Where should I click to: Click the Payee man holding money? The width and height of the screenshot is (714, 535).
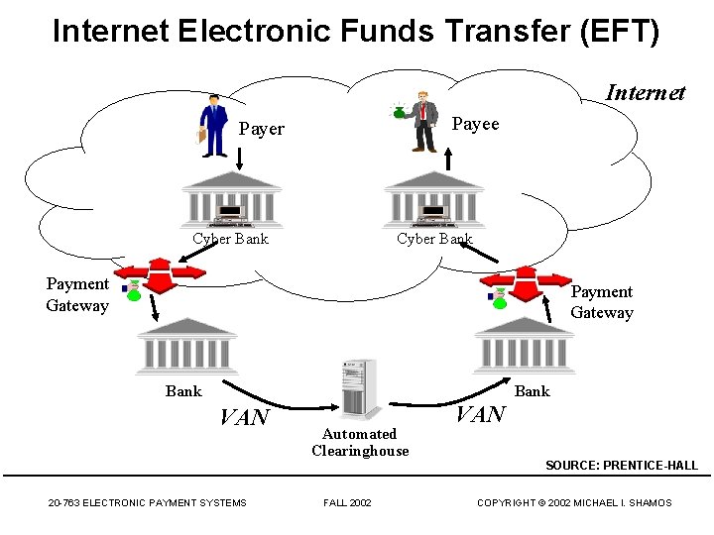(423, 122)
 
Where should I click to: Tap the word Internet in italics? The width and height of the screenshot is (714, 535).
(645, 93)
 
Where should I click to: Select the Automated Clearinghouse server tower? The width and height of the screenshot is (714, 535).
(358, 388)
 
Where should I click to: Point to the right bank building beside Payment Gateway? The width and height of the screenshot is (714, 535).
(525, 343)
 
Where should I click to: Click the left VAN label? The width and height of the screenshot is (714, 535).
(244, 417)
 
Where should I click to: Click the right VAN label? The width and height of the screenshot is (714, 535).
(480, 414)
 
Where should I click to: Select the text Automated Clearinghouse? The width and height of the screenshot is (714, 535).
(360, 442)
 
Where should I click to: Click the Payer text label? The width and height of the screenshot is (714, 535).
(262, 129)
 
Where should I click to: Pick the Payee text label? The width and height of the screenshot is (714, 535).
(476, 124)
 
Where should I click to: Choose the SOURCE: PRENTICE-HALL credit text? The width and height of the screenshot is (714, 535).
(622, 466)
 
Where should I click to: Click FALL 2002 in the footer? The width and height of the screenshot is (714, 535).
(347, 503)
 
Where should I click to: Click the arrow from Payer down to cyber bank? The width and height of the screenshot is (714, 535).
(240, 159)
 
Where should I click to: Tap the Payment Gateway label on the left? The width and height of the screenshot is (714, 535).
(76, 294)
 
